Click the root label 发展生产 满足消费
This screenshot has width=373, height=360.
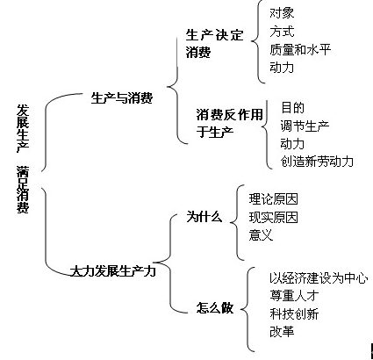tap(23, 159)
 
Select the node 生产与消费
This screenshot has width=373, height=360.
tap(122, 97)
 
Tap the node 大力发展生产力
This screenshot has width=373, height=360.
tap(113, 271)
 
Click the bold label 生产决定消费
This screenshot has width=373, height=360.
tap(214, 44)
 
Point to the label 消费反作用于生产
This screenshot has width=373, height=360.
tap(230, 123)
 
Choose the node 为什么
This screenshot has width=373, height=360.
tap(204, 217)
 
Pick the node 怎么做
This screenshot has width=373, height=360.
tap(215, 308)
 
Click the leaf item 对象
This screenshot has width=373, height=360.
tap(282, 13)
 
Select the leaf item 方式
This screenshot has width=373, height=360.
tap(282, 32)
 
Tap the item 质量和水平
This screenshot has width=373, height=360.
tap(300, 49)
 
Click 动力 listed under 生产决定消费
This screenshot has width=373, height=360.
tap(282, 68)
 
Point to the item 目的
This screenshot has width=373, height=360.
tap(292, 108)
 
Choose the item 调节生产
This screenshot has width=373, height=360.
tap(305, 126)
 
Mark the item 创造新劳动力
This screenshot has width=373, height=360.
tap(317, 162)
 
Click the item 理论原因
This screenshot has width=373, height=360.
tap(273, 199)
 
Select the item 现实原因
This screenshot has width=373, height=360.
tap(273, 217)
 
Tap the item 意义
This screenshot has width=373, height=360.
tap(261, 235)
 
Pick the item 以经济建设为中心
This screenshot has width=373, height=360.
tap(319, 278)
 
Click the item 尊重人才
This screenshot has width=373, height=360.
tap(294, 296)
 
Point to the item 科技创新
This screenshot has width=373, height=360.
tap(294, 314)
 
